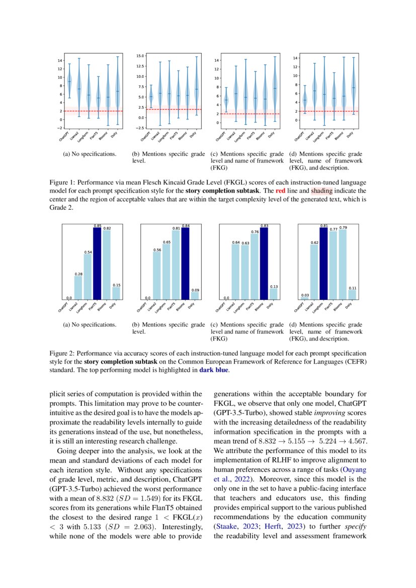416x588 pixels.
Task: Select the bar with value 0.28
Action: pyautogui.click(x=78, y=288)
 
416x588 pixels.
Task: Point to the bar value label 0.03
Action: pyautogui.click(x=304, y=295)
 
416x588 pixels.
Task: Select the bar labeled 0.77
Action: pyautogui.click(x=333, y=265)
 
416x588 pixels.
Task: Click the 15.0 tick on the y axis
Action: pyautogui.click(x=140, y=56)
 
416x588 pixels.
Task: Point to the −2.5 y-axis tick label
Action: pyautogui.click(x=139, y=128)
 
